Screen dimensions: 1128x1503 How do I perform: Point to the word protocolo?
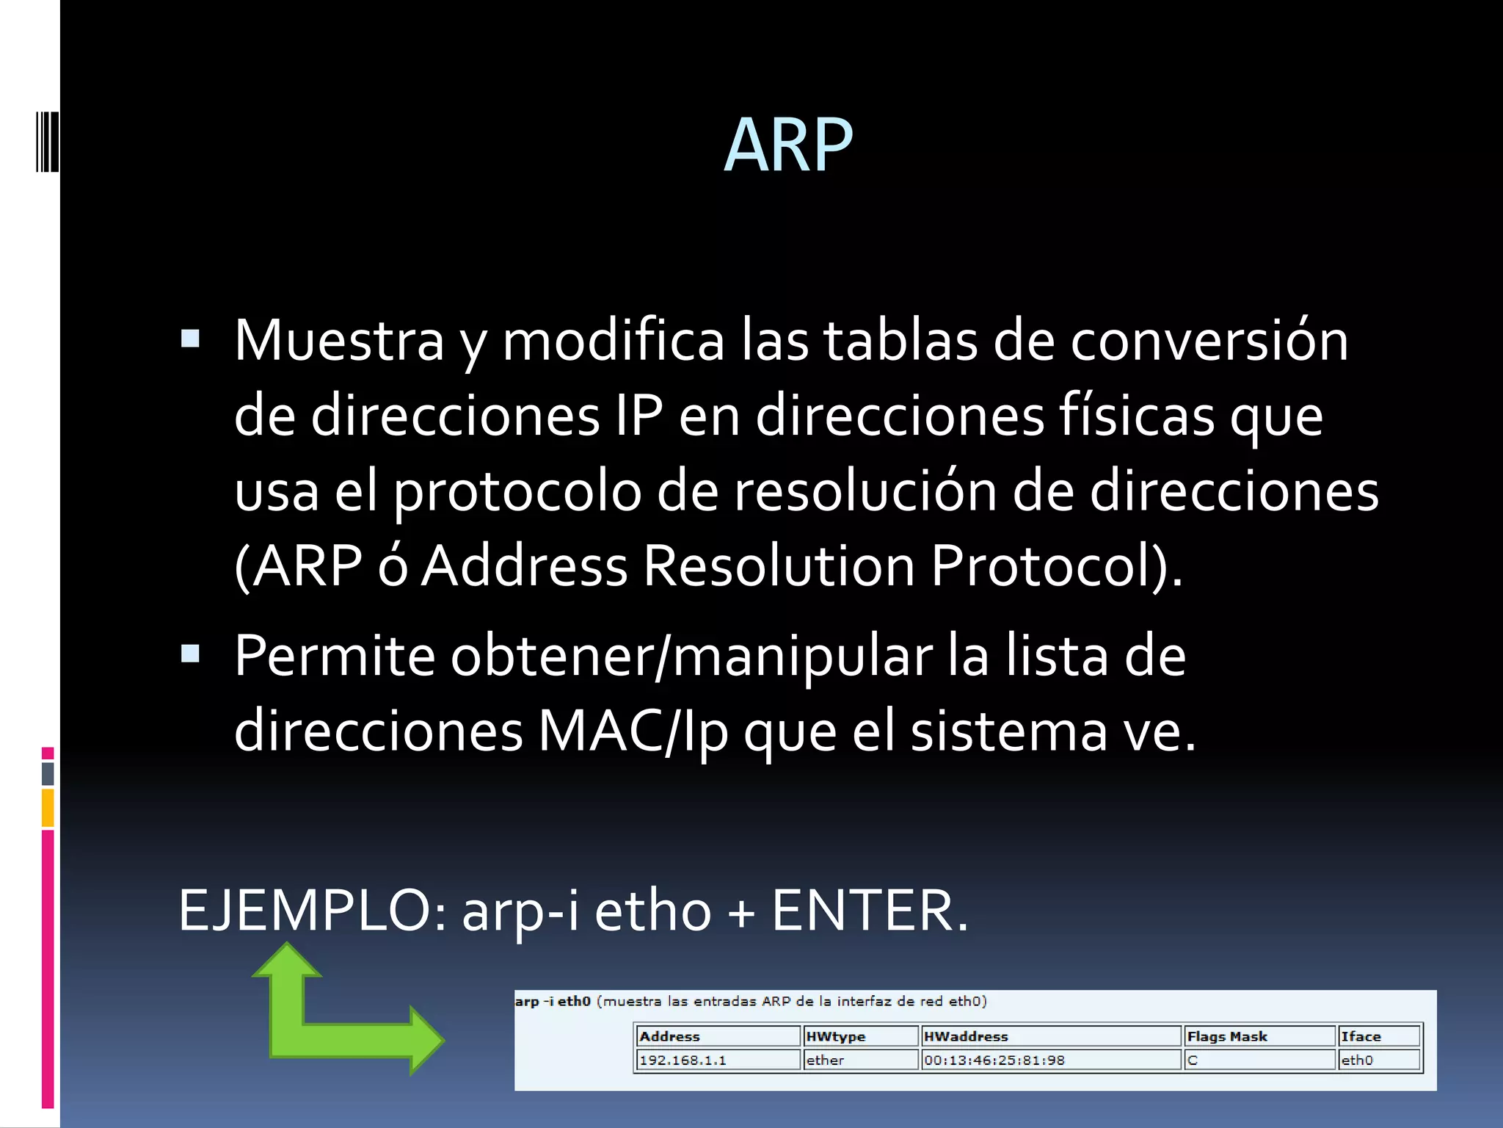tap(517, 492)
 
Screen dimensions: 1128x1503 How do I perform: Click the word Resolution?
tap(779, 566)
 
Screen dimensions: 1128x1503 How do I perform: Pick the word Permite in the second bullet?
tap(334, 656)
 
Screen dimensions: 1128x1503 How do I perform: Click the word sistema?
tap(1008, 731)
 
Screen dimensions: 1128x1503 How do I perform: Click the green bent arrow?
tap(323, 1028)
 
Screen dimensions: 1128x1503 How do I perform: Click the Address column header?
tap(669, 1036)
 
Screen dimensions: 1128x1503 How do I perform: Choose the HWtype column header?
tap(835, 1036)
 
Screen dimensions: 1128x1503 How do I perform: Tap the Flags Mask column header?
tap(1227, 1036)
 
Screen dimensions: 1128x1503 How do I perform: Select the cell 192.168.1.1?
tap(683, 1060)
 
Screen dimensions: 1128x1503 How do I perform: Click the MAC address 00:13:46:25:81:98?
tap(994, 1060)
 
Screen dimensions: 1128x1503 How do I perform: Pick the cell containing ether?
tap(825, 1060)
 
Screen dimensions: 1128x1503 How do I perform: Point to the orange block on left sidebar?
tap(48, 808)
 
